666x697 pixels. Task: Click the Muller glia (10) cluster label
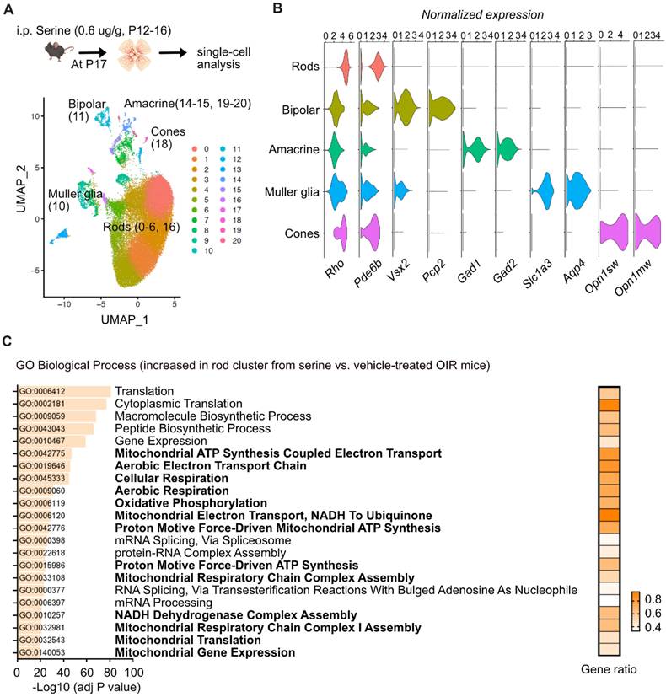click(70, 200)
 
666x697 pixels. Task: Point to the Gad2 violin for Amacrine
click(508, 149)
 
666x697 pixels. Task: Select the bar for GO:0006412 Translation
click(64, 392)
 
